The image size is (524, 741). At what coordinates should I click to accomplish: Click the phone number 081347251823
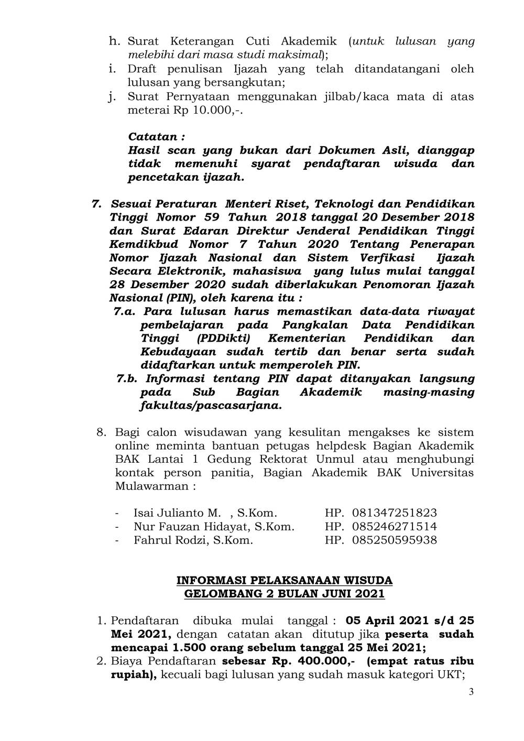click(395, 513)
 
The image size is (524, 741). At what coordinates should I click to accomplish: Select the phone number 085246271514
click(395, 526)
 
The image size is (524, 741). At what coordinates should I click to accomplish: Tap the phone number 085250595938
click(395, 540)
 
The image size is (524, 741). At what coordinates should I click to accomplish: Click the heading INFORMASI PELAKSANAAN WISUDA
click(285, 581)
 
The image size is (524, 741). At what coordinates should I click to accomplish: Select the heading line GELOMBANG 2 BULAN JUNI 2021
click(285, 594)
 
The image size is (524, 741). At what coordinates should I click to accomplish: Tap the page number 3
click(471, 692)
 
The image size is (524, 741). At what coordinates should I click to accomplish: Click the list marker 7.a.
click(125, 311)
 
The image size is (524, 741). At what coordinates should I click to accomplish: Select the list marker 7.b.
click(127, 378)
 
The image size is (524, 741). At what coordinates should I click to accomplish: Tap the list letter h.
click(115, 41)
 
